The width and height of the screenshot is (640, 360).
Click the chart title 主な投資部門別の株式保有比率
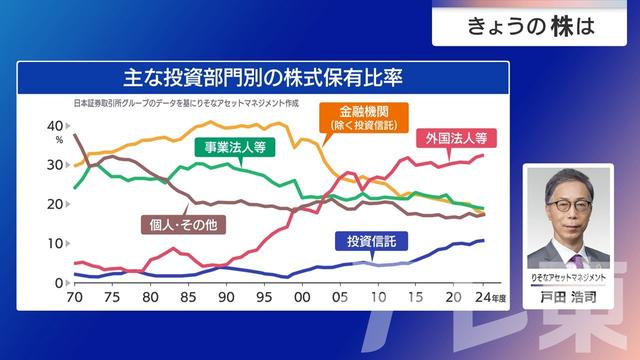pos(263,77)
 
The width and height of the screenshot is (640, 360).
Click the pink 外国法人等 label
pos(455,138)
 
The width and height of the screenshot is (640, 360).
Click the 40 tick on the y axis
pos(55,126)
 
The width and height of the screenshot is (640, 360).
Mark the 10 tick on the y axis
pos(55,244)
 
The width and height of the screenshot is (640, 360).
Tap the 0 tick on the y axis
pos(59,283)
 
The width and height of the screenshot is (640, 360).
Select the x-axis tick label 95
pos(264,297)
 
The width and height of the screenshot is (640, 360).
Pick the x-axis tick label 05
pos(339,297)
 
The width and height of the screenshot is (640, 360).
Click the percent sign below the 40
pos(59,140)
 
